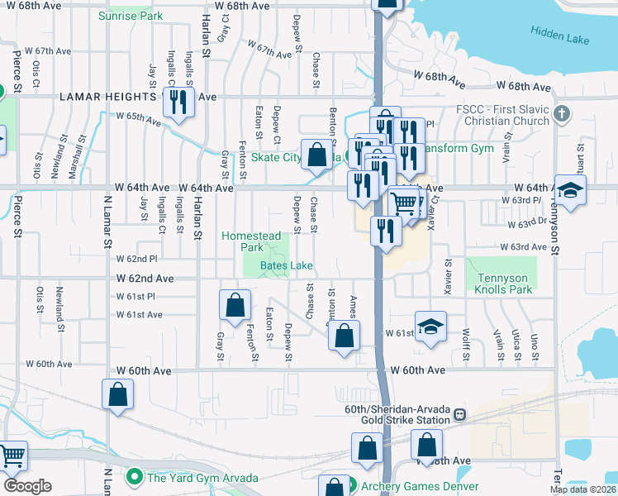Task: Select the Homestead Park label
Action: click(251, 241)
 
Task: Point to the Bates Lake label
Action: click(286, 265)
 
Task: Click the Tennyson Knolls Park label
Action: click(503, 284)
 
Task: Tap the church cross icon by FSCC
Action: click(562, 113)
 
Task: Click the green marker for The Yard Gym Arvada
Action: click(132, 477)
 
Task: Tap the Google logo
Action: click(28, 486)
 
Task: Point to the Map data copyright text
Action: click(582, 489)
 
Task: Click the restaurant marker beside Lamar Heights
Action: click(178, 103)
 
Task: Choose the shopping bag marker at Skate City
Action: click(317, 155)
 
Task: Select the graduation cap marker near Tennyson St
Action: click(570, 192)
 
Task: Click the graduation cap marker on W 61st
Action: click(430, 328)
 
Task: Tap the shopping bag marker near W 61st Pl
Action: click(235, 305)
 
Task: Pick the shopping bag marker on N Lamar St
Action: click(118, 395)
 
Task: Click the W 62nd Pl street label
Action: click(136, 259)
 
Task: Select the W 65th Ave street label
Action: click(138, 118)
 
